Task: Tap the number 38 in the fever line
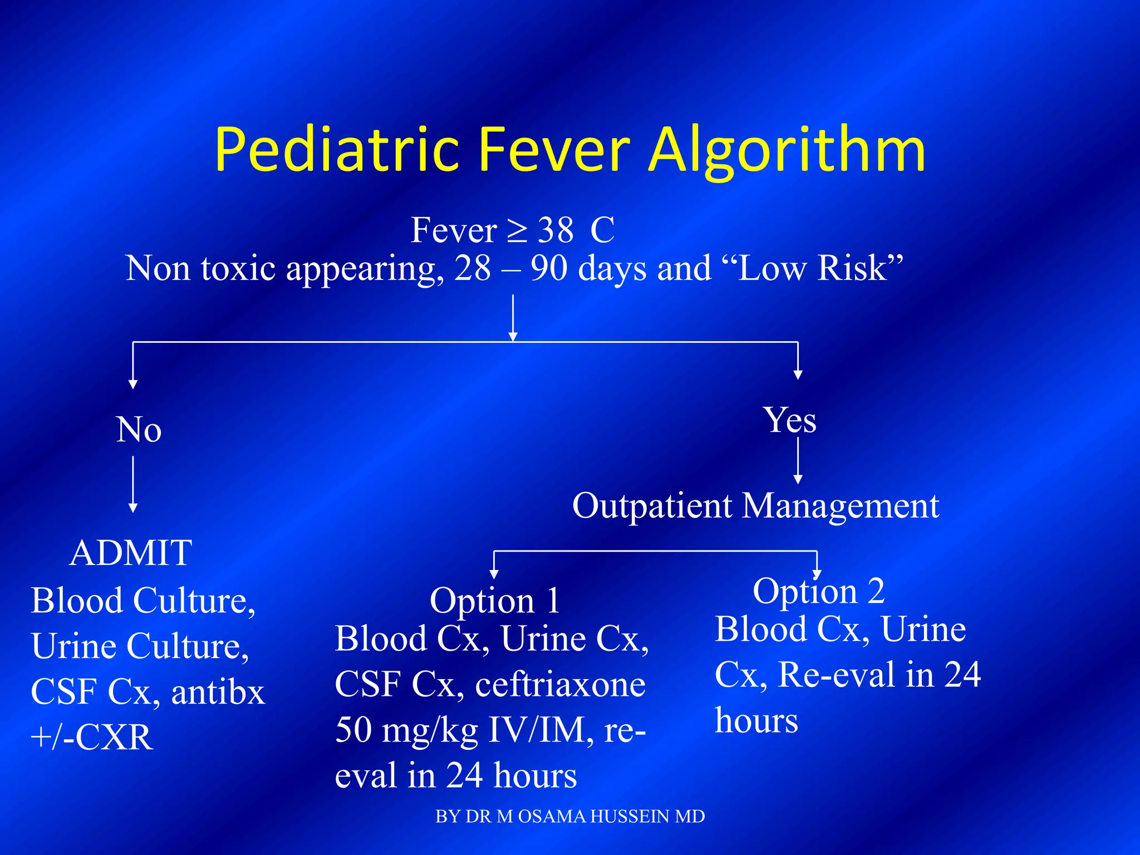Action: coord(556,230)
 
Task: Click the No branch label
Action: coord(139,430)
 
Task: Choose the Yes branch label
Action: coord(790,420)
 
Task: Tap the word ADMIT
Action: coord(131,553)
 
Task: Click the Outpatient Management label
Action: coord(755,506)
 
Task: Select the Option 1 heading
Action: coord(494,601)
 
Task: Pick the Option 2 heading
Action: coord(818,591)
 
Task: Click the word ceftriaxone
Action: coord(560,685)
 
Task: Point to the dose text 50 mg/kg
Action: coord(406,730)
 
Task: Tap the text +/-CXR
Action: coord(92,738)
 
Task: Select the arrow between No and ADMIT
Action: coord(133,484)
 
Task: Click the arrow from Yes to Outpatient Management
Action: coord(798,460)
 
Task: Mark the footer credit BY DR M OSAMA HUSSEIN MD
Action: coord(570,817)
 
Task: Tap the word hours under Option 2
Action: coord(756,721)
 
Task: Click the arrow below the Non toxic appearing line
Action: coord(513,317)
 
